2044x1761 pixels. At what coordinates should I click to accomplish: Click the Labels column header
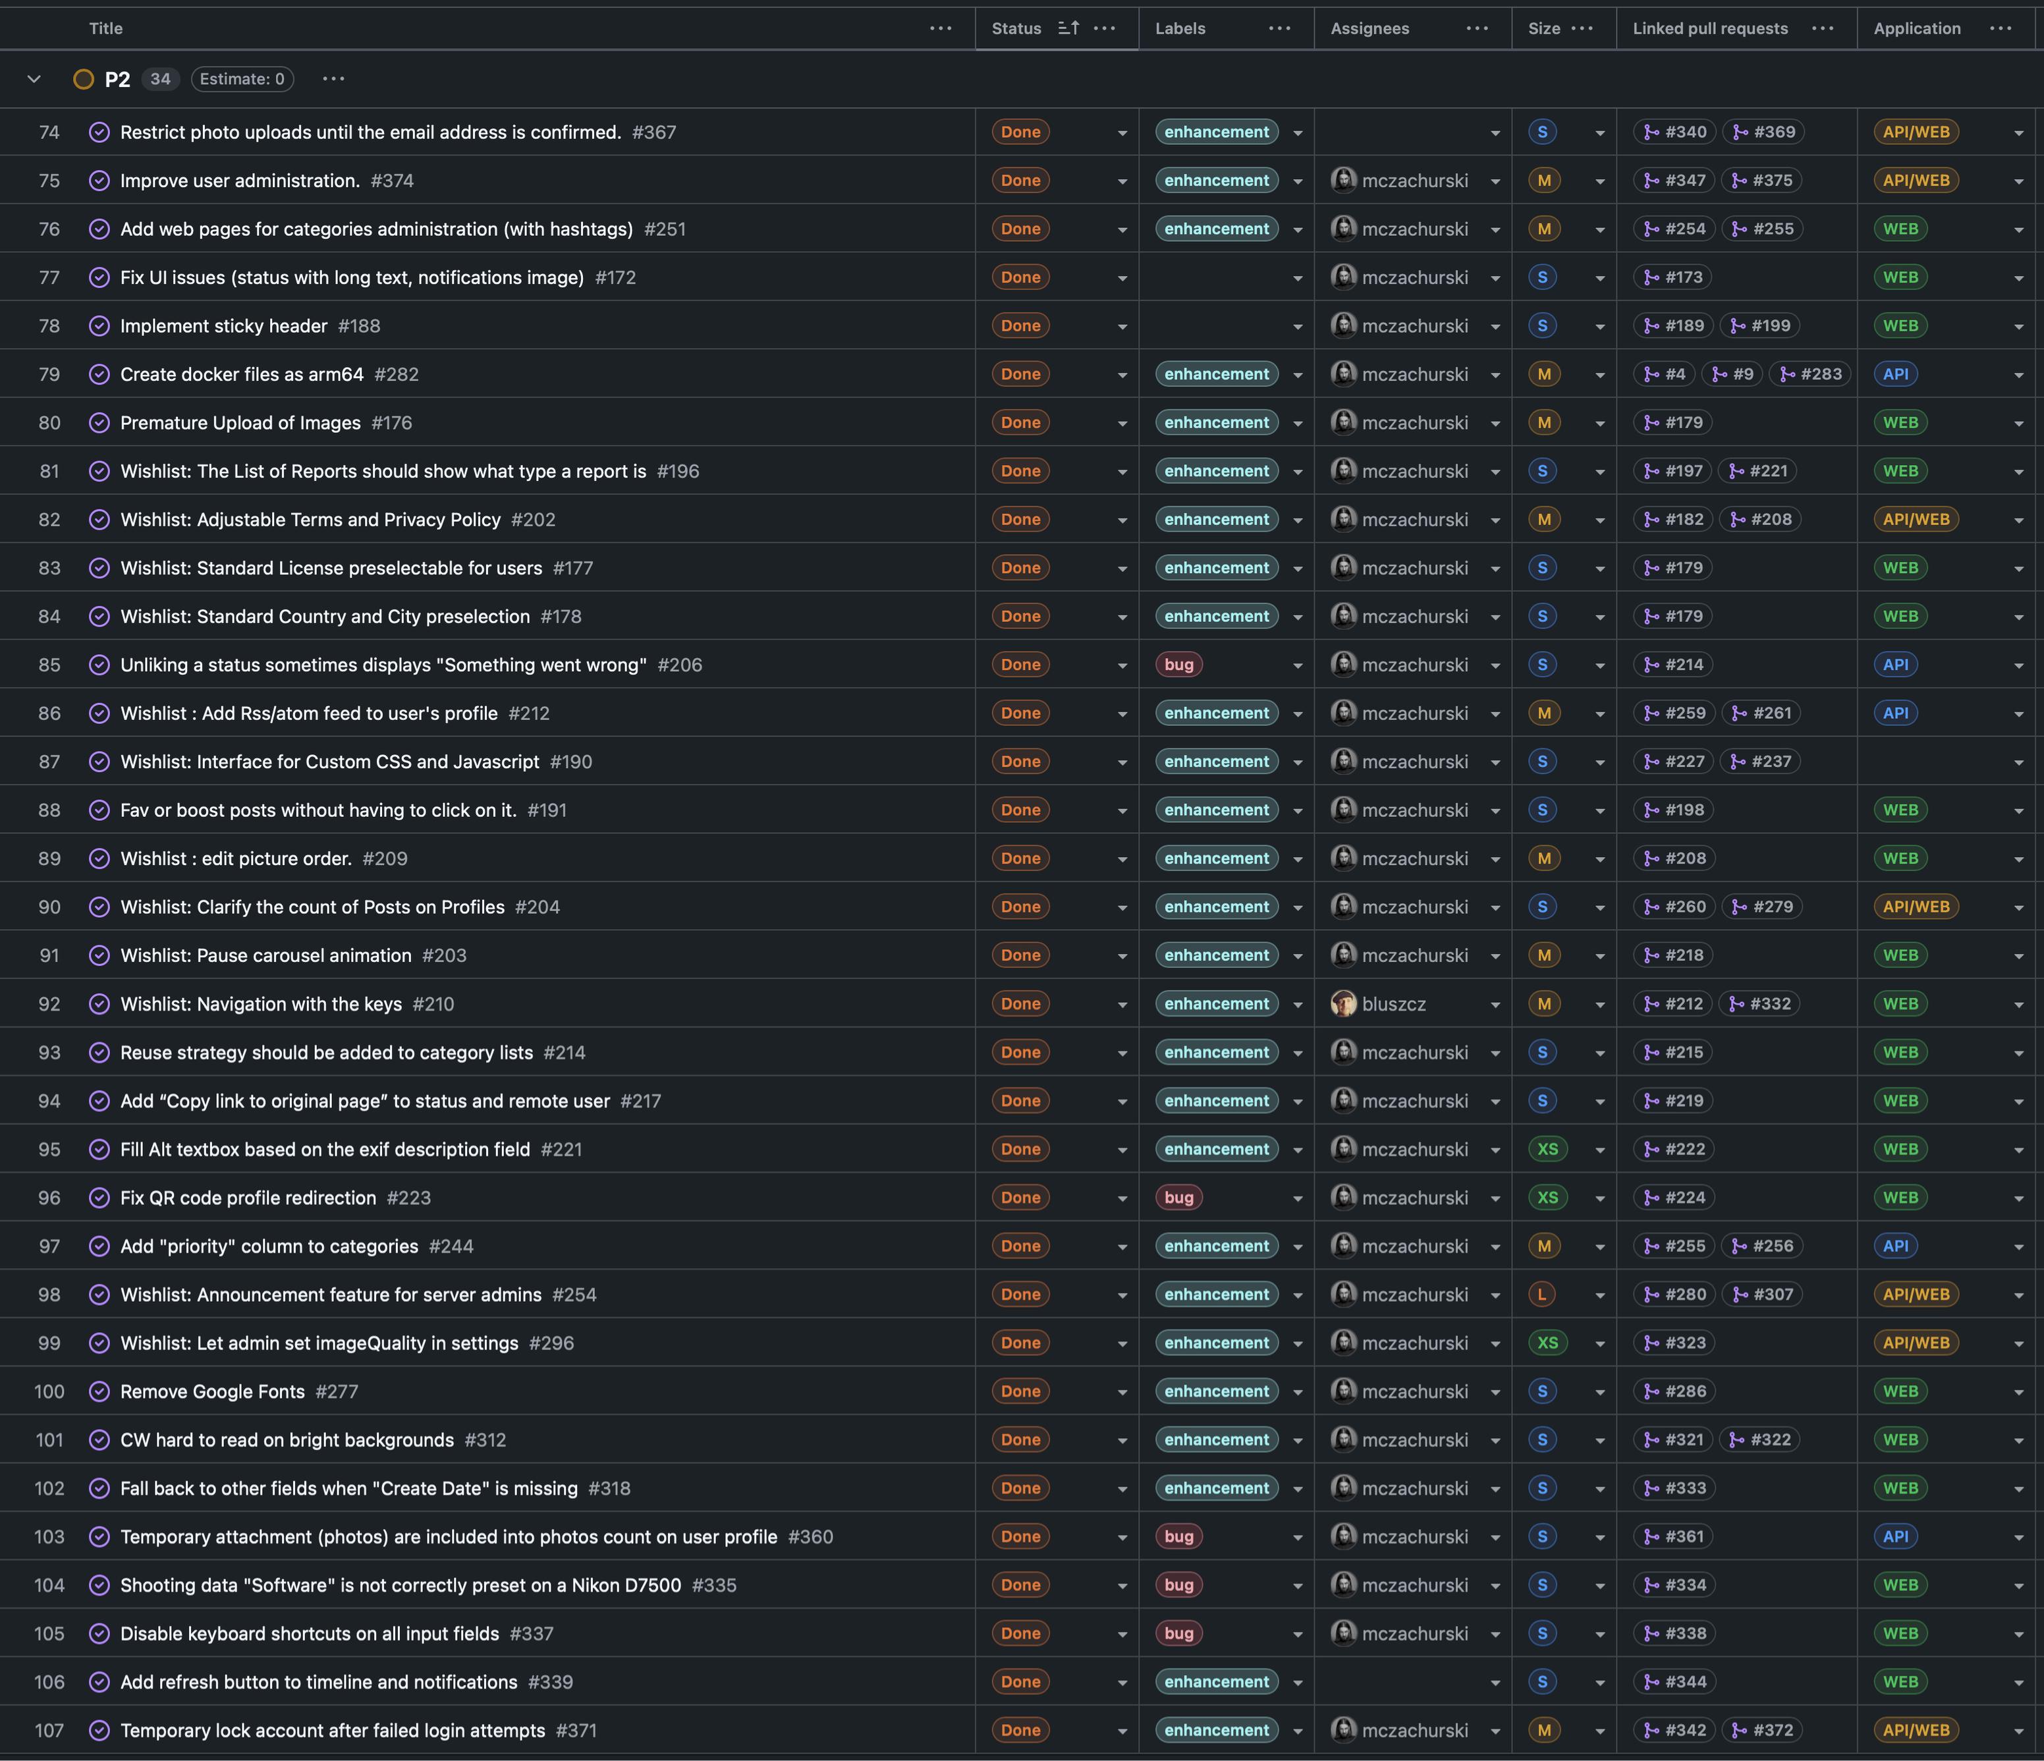(1180, 28)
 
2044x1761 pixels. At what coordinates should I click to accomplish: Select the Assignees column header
(1369, 28)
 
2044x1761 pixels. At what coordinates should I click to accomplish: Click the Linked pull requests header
(1709, 28)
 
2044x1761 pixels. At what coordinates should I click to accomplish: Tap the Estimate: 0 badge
(242, 79)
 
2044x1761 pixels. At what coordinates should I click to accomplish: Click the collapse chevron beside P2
(34, 79)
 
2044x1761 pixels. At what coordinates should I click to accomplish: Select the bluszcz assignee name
(1393, 1004)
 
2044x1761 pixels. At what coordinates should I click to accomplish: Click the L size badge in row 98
(1542, 1295)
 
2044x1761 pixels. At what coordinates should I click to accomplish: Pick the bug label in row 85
(1179, 665)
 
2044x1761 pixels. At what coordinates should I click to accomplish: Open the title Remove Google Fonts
(212, 1392)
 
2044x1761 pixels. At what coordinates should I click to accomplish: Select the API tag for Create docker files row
(1895, 375)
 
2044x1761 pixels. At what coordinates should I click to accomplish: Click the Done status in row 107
(1020, 1731)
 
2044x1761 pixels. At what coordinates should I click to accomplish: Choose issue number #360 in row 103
(810, 1537)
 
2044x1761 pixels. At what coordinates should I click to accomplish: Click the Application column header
(1917, 28)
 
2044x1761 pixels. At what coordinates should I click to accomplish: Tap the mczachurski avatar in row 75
(1342, 181)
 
